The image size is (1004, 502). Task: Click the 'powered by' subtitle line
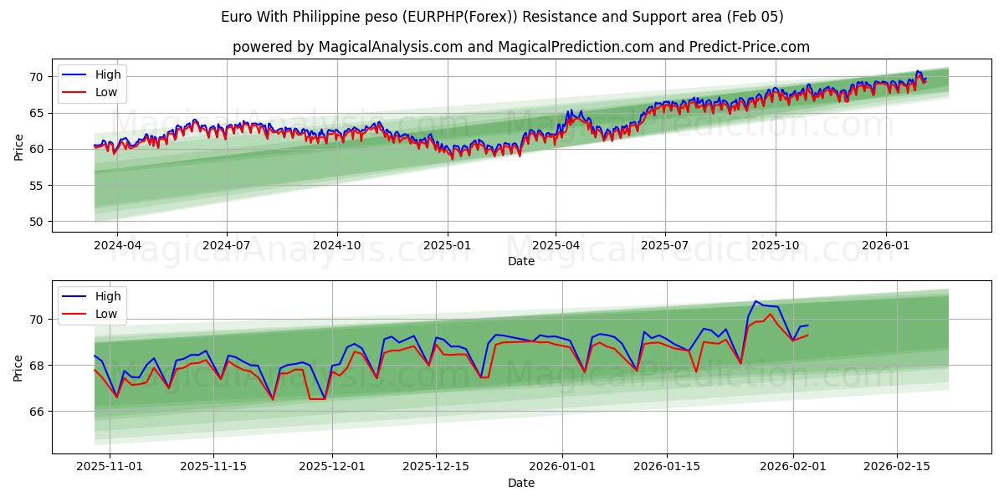520,47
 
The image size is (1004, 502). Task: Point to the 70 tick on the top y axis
37,77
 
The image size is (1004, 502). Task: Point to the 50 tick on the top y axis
37,222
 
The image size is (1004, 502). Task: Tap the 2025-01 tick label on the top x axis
447,246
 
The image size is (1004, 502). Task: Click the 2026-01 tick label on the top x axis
885,246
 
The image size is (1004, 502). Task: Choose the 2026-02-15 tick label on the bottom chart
897,467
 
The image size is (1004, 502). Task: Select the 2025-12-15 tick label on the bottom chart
435,467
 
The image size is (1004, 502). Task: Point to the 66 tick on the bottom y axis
37,412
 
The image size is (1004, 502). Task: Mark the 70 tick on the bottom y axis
37,320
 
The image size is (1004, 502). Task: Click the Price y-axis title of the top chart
19,147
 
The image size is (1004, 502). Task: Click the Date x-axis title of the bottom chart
520,483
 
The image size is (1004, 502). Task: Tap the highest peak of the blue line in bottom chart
756,301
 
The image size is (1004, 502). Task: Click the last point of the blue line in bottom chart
807,325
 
